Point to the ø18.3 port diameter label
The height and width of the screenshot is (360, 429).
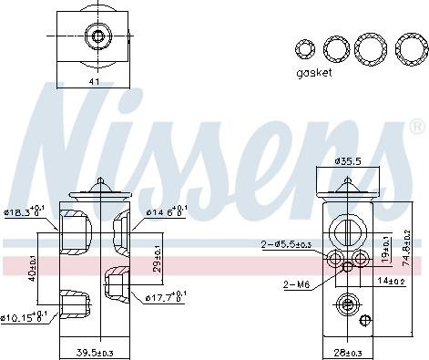pyautogui.click(x=23, y=213)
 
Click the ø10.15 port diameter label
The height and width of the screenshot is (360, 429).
pyautogui.click(x=25, y=317)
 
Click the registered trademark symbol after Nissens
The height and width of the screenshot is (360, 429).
pyautogui.click(x=417, y=126)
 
